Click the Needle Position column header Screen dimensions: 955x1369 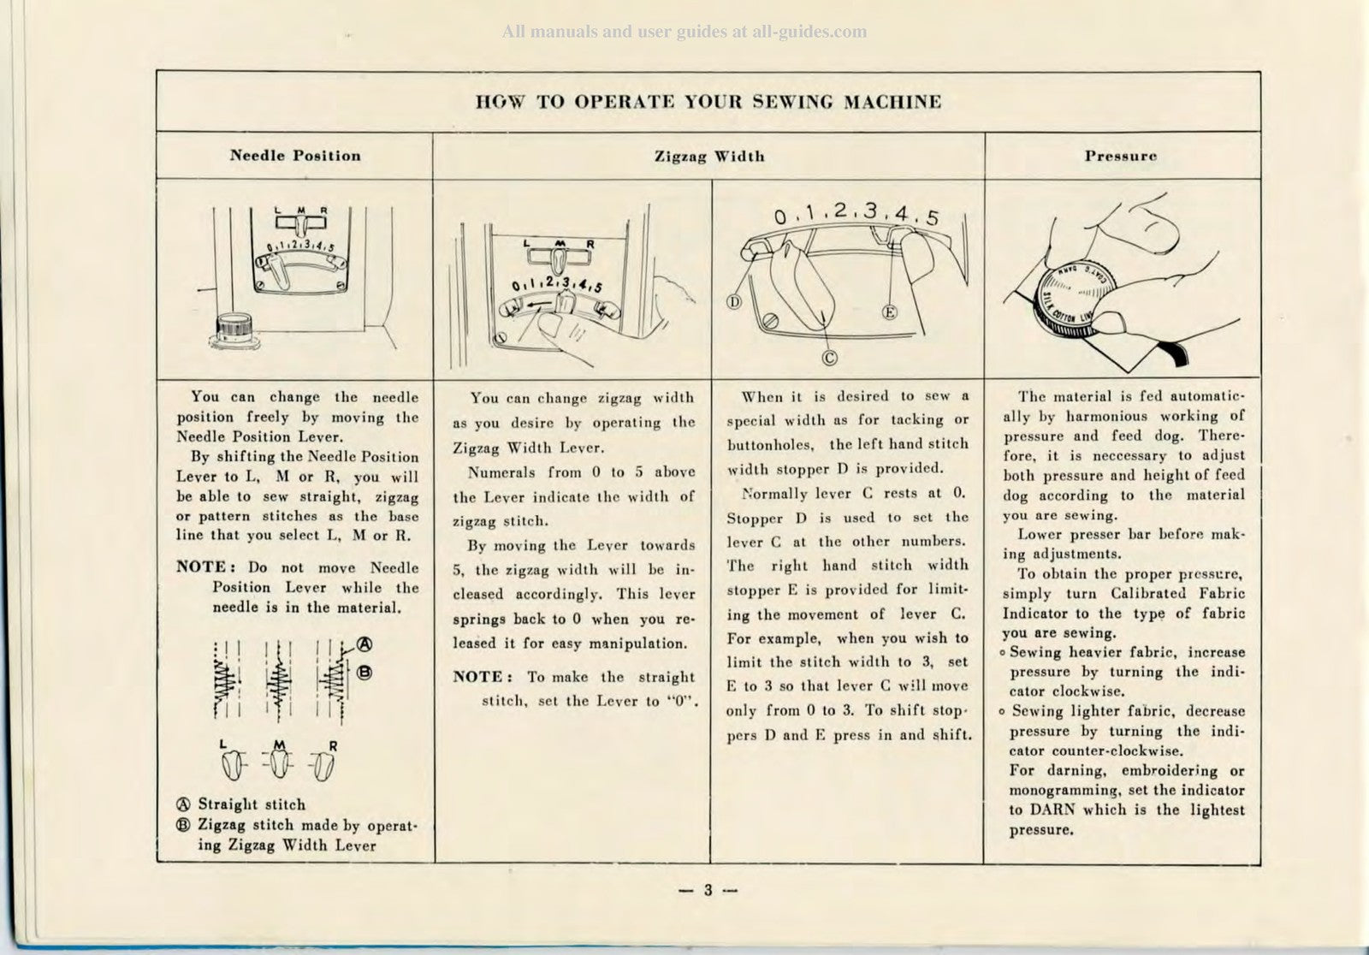pos(294,156)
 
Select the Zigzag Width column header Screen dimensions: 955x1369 pos(708,157)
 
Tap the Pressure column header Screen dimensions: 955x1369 pos(1121,157)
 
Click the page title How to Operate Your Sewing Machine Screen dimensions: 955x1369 pos(708,103)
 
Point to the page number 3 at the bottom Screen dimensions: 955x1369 pos(708,890)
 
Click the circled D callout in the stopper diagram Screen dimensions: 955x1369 pos(733,302)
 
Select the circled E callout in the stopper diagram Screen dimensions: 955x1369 pos(889,312)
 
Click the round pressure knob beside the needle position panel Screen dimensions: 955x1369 pos(234,329)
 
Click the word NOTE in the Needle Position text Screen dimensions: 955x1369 pos(201,567)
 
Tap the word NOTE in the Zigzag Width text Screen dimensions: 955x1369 pos(477,677)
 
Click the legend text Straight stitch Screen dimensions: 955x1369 pos(252,804)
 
